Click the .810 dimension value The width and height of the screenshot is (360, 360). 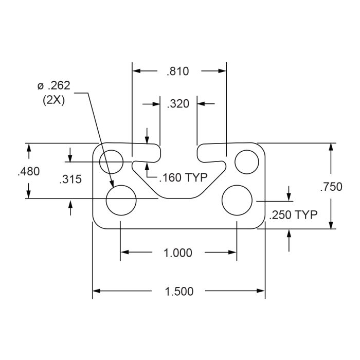(x=178, y=71)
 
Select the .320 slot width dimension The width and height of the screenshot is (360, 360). (x=178, y=104)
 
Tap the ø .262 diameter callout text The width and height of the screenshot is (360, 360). (x=53, y=86)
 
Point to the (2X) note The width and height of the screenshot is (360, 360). (x=53, y=100)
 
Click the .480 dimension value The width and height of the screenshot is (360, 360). (x=29, y=171)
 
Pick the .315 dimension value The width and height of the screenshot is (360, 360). (x=70, y=179)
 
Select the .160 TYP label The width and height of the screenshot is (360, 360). (x=184, y=177)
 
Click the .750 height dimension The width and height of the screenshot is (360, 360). (x=331, y=187)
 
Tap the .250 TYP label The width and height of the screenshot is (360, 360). (x=293, y=215)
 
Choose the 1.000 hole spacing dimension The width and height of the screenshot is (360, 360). (x=178, y=253)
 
